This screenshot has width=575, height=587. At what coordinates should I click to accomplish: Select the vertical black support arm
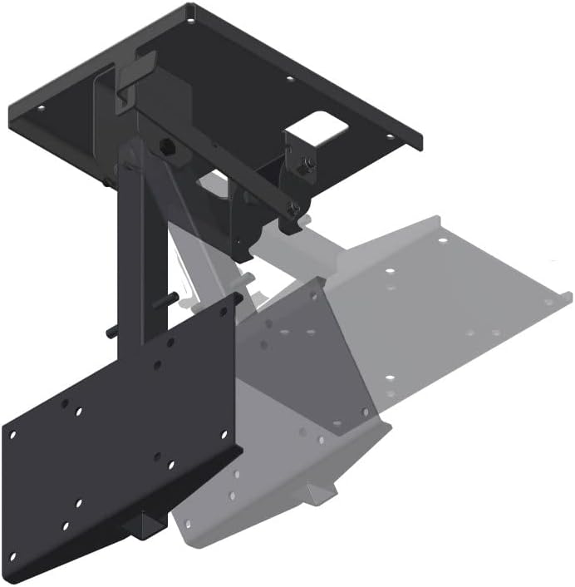click(132, 249)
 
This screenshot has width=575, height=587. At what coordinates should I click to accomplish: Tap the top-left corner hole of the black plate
click(12, 432)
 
